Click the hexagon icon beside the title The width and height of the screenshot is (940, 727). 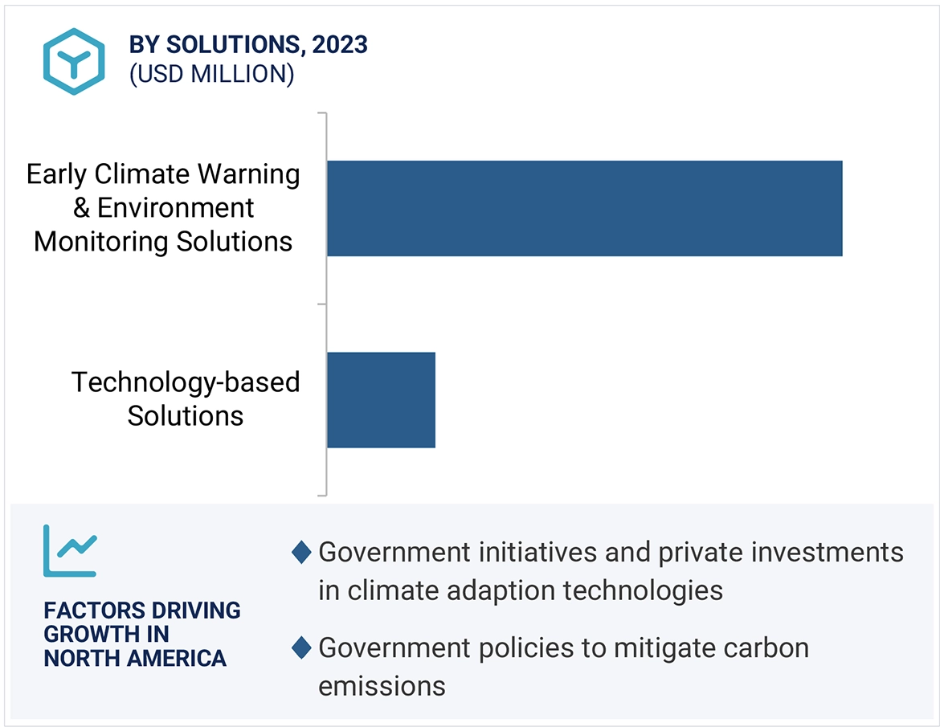74,61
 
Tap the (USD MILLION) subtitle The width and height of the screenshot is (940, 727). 211,75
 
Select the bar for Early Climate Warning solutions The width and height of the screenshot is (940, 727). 584,208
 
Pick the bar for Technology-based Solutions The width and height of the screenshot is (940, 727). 381,399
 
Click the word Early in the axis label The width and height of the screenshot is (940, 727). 59,174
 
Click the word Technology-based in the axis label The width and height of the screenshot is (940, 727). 186,382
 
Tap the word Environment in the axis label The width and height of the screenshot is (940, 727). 175,208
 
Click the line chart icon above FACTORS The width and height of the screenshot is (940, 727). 70,550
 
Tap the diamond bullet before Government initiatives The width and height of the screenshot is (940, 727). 301,553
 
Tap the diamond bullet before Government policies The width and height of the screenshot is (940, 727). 301,648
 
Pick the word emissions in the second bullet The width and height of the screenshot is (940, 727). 382,686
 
